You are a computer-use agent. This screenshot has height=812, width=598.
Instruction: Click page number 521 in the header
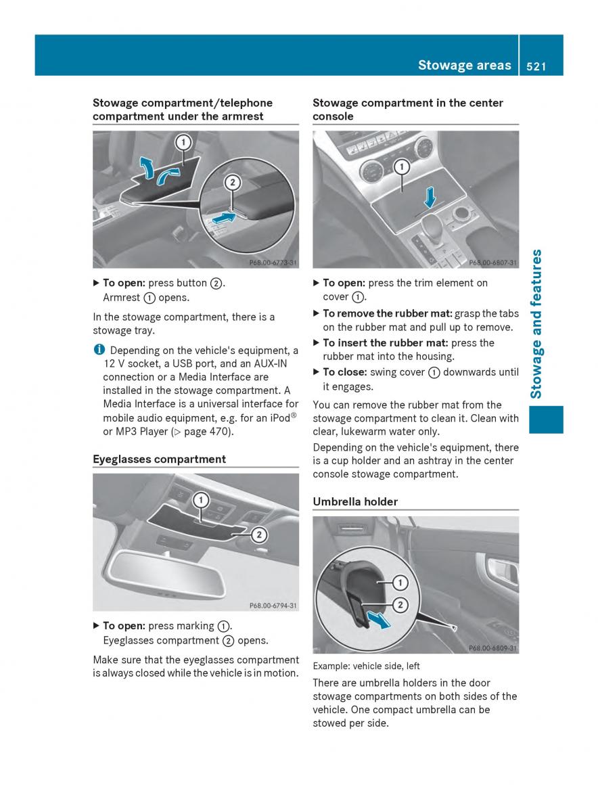click(x=534, y=65)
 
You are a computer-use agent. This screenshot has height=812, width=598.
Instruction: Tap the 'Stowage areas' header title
click(x=464, y=65)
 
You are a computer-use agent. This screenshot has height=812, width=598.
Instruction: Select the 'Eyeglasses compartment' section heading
click(x=159, y=459)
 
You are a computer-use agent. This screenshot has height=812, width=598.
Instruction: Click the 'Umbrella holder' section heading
click(x=355, y=501)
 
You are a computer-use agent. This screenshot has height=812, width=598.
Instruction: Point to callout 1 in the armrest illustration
click(x=183, y=143)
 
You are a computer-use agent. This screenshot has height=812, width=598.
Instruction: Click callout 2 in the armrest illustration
click(x=232, y=182)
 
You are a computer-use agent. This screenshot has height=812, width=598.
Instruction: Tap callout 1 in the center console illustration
click(x=402, y=166)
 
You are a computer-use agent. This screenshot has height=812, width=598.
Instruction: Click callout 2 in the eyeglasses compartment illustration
click(x=258, y=535)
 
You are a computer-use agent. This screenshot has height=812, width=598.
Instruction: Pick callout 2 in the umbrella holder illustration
click(x=400, y=604)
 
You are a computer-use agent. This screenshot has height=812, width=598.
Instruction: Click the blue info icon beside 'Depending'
click(x=98, y=350)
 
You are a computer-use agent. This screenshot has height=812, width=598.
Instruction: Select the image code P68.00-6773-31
click(x=273, y=263)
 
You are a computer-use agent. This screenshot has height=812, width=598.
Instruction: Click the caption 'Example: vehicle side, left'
click(x=366, y=667)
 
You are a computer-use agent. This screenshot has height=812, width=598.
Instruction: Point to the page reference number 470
click(x=219, y=432)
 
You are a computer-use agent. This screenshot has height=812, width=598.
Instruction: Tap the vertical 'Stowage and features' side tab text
click(x=537, y=324)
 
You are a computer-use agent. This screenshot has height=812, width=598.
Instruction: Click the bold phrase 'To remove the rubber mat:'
click(x=388, y=313)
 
